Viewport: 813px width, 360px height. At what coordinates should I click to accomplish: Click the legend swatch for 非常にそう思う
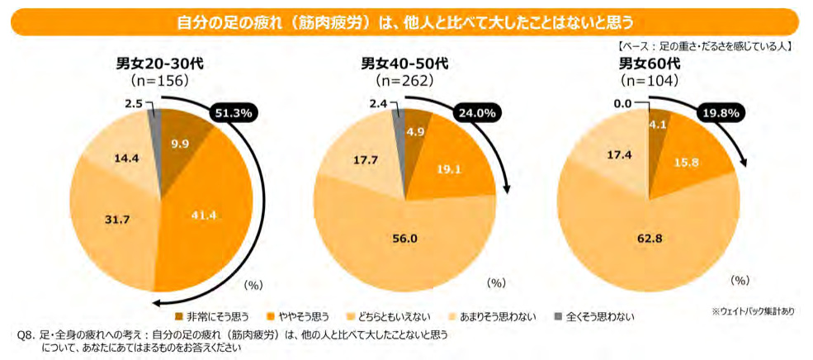[x=180, y=315]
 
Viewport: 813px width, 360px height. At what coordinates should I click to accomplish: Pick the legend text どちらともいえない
[x=393, y=315]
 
